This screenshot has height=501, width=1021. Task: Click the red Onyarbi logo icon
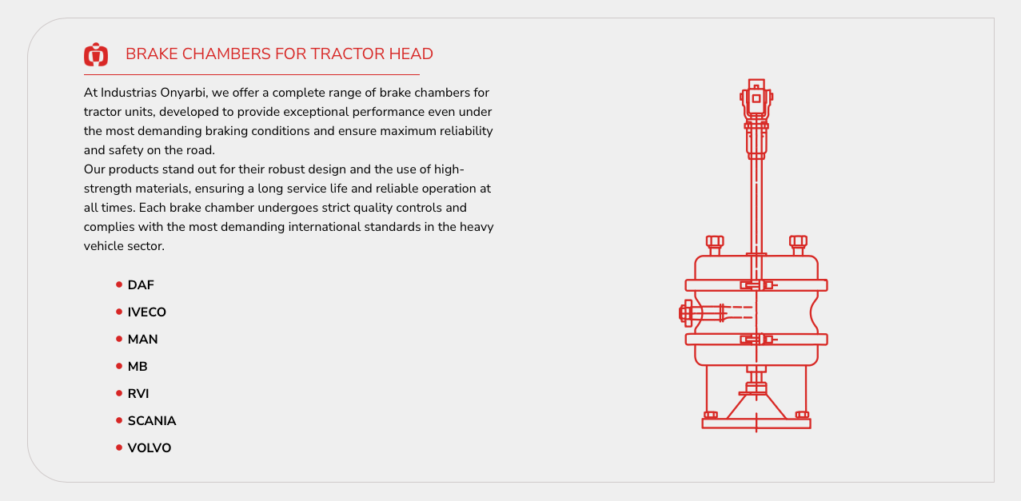coord(96,54)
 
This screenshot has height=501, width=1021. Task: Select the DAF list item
coord(141,285)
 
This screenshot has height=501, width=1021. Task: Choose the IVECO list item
coord(147,312)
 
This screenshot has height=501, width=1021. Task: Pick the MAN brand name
coord(142,340)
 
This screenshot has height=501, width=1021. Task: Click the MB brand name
coord(138,367)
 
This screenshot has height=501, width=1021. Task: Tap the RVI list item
coord(138,393)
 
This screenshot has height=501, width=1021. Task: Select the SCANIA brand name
coord(152,421)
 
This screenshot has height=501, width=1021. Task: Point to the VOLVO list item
coord(150,448)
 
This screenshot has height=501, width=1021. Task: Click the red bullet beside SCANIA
coord(119,420)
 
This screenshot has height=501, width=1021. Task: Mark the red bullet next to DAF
coord(119,284)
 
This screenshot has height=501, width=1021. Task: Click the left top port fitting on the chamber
coord(715,245)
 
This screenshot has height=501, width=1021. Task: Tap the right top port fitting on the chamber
coord(798,245)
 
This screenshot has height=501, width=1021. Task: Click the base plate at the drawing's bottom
coord(756,423)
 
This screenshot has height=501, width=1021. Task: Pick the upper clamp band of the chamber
coord(756,285)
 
